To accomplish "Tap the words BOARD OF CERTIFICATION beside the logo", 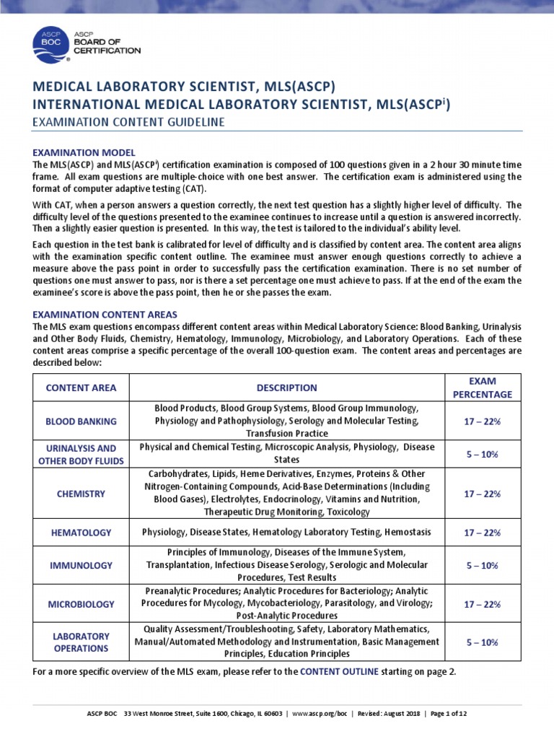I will (107, 45).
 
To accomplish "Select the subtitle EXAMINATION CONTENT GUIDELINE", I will (128, 123).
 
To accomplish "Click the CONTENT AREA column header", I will (81, 388).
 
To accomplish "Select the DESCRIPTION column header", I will (286, 388).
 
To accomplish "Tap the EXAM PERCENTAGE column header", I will (482, 388).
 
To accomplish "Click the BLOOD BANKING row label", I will (81, 421).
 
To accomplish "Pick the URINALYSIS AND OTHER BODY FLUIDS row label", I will (81, 455).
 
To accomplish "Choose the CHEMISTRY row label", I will (81, 494).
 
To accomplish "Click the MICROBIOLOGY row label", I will (81, 603).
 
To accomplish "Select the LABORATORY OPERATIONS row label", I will (81, 642).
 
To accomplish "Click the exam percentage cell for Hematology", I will (482, 533).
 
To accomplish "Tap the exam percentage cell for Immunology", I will (482, 565).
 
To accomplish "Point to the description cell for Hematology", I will (286, 533).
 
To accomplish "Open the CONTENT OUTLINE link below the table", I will (338, 671).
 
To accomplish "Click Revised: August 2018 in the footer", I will (392, 714).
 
